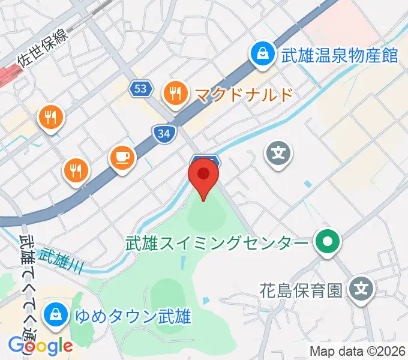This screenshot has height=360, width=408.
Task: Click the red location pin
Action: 203,176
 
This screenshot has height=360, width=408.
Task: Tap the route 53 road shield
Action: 140,89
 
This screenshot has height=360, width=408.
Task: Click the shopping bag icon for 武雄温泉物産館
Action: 263,55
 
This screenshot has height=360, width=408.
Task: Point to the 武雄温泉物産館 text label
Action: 340,56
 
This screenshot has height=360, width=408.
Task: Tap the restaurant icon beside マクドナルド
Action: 175,93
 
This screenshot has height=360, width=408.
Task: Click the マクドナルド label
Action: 243,94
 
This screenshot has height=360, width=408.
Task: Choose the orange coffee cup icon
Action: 123,158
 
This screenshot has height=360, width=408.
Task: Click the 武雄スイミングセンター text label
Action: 217,244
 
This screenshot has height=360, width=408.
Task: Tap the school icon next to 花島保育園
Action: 361,290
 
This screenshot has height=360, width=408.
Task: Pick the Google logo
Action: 40,346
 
